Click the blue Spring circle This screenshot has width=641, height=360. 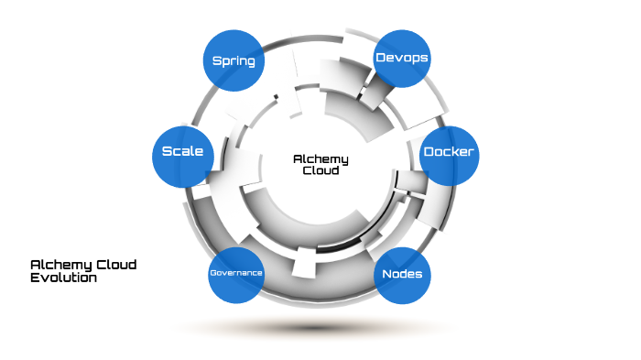233,61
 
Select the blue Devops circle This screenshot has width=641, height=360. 402,58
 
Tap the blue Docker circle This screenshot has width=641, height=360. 449,152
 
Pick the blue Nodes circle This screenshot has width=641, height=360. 401,275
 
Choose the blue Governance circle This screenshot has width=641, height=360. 236,274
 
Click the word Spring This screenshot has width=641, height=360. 233,61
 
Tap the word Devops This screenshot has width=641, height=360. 402,58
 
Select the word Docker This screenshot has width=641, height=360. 449,152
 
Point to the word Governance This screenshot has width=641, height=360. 236,274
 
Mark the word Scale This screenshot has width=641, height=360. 181,152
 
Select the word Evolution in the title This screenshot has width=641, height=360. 63,278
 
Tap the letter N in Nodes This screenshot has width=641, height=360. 386,275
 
